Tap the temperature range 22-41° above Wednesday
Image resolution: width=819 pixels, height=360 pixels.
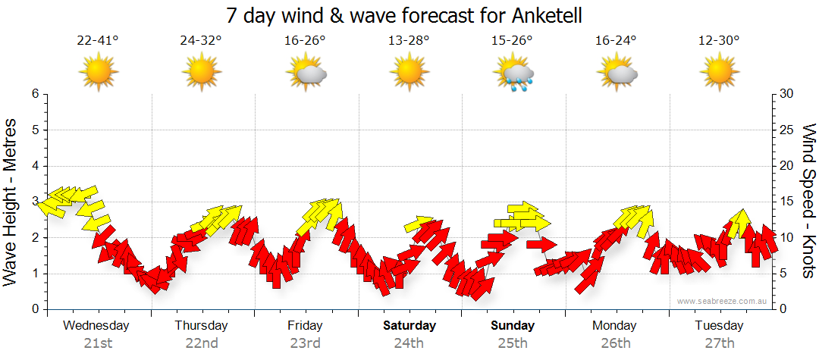click(x=98, y=41)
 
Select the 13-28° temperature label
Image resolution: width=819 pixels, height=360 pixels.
click(x=409, y=41)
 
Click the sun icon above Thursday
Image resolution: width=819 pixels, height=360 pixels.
click(x=202, y=73)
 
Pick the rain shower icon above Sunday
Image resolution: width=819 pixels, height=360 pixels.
click(x=514, y=74)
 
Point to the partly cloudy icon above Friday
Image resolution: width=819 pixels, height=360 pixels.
click(x=306, y=74)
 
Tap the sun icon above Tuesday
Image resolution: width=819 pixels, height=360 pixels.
click(x=719, y=73)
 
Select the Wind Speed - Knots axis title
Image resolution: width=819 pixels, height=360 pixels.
click(x=808, y=201)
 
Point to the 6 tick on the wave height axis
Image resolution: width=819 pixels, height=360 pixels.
click(x=35, y=94)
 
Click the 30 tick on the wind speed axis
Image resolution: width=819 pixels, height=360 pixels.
click(x=786, y=94)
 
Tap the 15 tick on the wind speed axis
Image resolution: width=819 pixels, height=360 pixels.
click(x=786, y=202)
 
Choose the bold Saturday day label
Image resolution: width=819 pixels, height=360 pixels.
click(x=409, y=326)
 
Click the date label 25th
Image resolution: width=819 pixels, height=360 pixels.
click(x=513, y=343)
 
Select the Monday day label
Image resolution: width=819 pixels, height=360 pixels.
click(x=615, y=326)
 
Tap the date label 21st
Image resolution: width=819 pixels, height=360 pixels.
click(x=97, y=343)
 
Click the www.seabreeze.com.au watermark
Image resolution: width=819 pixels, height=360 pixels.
click(x=723, y=301)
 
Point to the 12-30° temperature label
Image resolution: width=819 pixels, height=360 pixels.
click(x=719, y=41)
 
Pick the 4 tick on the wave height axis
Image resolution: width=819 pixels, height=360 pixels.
click(x=35, y=166)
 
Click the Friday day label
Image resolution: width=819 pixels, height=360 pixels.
click(x=305, y=326)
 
